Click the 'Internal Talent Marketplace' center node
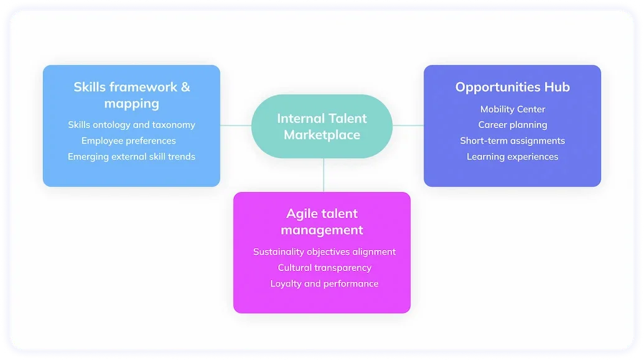pyautogui.click(x=322, y=126)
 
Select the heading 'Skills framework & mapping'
pyautogui.click(x=131, y=95)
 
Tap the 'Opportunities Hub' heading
pyautogui.click(x=512, y=87)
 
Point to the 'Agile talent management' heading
pyautogui.click(x=322, y=222)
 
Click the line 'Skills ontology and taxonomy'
pyautogui.click(x=131, y=125)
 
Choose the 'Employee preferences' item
pyautogui.click(x=129, y=141)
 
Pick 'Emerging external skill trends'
pyautogui.click(x=131, y=157)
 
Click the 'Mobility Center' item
pyautogui.click(x=512, y=109)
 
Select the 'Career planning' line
pyautogui.click(x=512, y=125)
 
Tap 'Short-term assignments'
pyautogui.click(x=512, y=141)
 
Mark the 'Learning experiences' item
pyautogui.click(x=512, y=157)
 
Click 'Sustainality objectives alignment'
pyautogui.click(x=324, y=252)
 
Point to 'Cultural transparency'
pyautogui.click(x=324, y=268)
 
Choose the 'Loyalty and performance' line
pyautogui.click(x=324, y=284)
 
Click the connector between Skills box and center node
pyautogui.click(x=236, y=125)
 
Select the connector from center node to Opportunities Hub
pyautogui.click(x=408, y=125)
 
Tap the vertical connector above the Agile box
pyautogui.click(x=324, y=175)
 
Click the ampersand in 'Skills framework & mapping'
pyautogui.click(x=185, y=87)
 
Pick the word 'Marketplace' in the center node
pyautogui.click(x=322, y=135)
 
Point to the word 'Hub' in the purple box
pyautogui.click(x=557, y=87)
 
